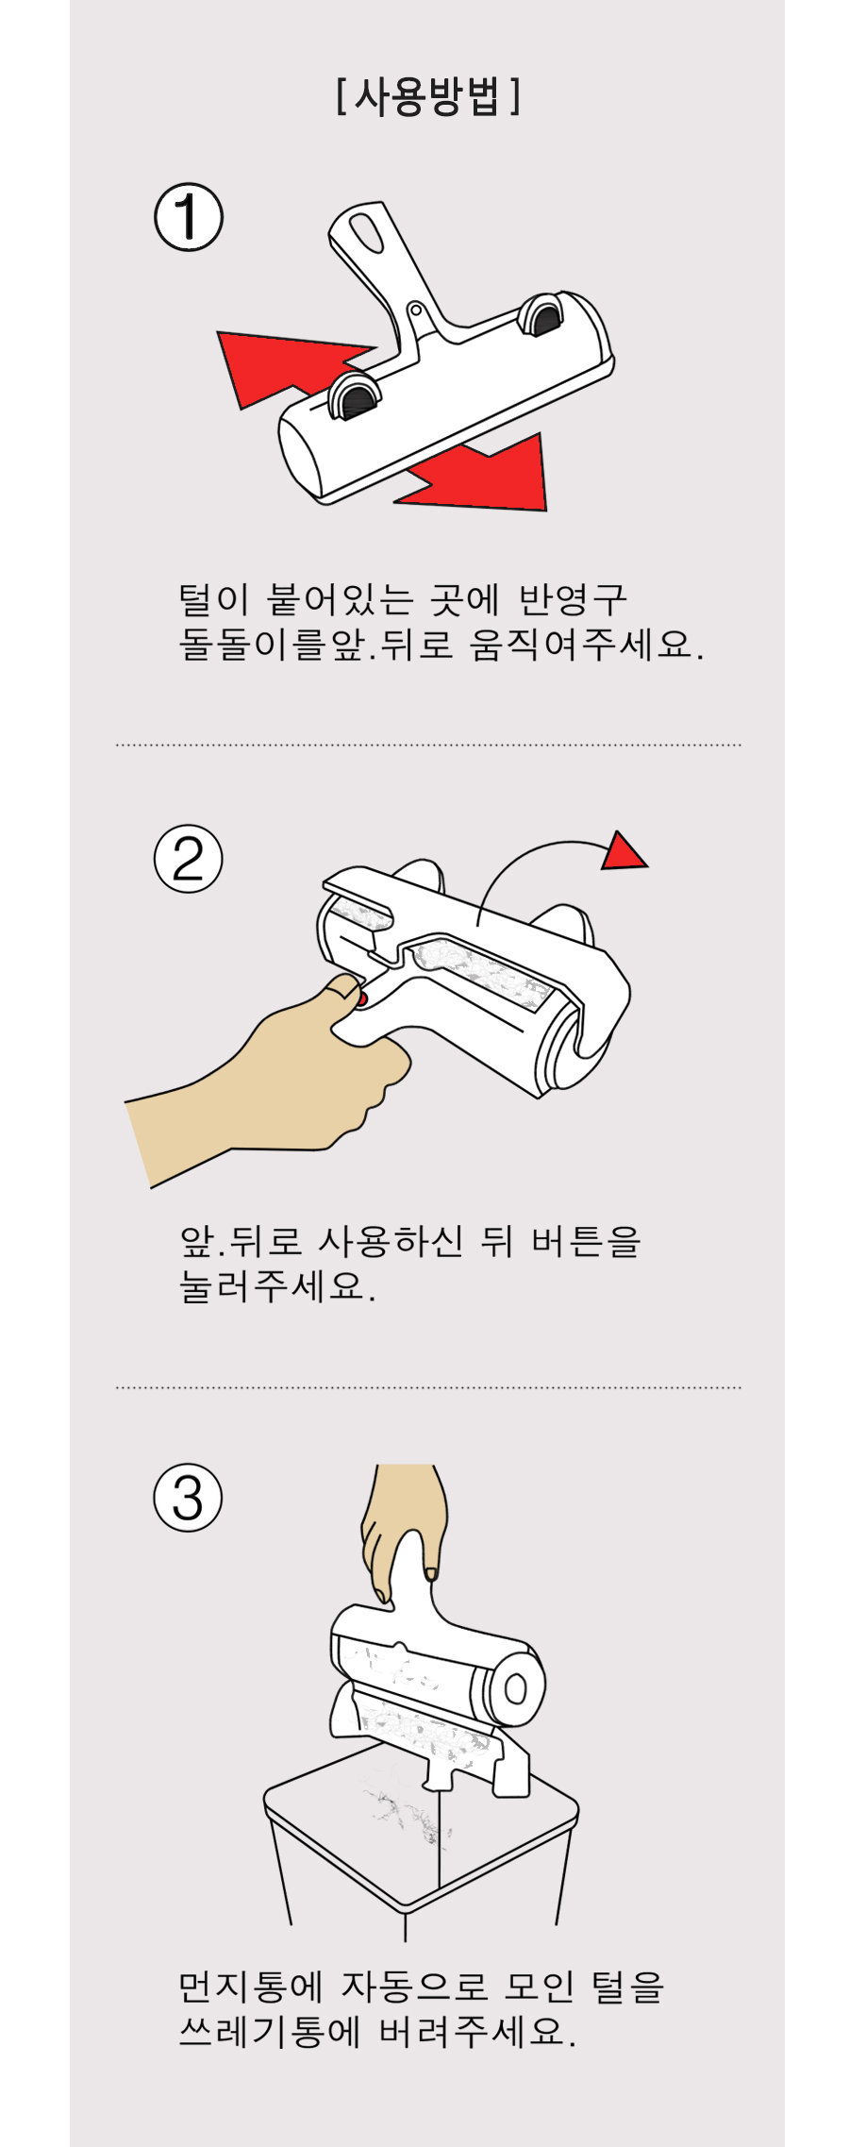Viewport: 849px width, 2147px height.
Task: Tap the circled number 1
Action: click(189, 217)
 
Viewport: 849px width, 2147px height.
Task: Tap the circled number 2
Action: click(189, 859)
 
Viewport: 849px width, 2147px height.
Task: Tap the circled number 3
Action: click(189, 1498)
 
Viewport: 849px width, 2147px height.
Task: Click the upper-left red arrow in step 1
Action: click(283, 363)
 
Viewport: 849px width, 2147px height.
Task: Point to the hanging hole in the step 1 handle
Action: click(367, 232)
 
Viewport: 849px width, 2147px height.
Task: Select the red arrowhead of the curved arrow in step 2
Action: click(623, 851)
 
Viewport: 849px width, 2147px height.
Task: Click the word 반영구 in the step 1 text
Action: click(573, 598)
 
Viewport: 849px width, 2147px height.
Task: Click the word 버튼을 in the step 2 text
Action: click(586, 1240)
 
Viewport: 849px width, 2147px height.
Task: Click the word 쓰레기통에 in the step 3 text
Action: click(270, 2031)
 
